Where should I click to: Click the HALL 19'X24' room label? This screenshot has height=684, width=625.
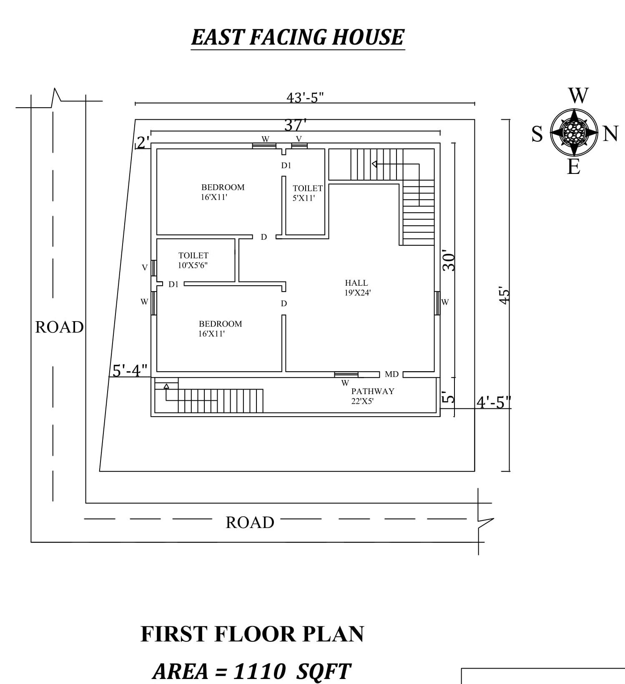(x=357, y=288)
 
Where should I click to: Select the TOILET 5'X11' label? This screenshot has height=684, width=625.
(x=307, y=193)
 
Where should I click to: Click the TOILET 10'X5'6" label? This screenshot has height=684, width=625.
(x=193, y=260)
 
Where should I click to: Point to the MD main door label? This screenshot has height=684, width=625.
(x=392, y=375)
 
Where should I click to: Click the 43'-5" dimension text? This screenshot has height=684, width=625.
(x=305, y=98)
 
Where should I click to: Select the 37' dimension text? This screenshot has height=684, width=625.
(x=295, y=125)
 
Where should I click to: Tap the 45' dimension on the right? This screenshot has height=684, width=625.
(x=505, y=297)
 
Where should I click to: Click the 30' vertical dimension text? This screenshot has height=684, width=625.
(x=449, y=261)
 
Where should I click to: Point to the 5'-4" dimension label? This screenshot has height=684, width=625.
(x=130, y=370)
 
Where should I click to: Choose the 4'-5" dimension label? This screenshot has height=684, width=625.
(x=493, y=402)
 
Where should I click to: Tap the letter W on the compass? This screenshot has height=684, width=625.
(x=578, y=96)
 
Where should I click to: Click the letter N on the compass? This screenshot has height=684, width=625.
(x=610, y=134)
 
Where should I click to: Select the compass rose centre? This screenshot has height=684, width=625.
(x=574, y=132)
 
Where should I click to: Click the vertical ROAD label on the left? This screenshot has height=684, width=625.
(x=59, y=327)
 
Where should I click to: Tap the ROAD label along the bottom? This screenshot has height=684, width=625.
(x=250, y=523)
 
